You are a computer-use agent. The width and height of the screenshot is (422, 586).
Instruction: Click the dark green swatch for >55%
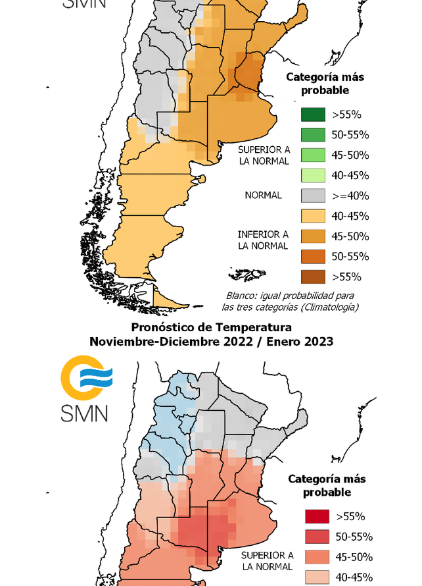(314, 115)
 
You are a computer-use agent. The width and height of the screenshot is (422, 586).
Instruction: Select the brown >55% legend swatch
(314, 277)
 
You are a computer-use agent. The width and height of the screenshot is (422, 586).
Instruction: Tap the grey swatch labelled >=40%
(314, 196)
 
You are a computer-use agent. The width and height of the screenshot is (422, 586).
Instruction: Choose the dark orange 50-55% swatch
(314, 256)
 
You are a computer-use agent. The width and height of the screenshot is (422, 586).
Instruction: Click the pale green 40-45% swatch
(314, 175)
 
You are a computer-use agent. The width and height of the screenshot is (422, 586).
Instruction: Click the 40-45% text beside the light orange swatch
(350, 216)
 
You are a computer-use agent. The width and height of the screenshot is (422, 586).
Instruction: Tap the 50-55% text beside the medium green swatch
(350, 135)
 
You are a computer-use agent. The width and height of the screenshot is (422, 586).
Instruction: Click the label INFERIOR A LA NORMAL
(263, 240)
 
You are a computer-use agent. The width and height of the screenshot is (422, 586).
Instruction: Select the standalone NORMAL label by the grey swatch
(263, 196)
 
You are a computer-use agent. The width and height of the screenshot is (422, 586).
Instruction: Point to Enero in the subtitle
(284, 342)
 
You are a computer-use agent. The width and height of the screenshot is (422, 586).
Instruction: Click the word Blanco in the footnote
(241, 296)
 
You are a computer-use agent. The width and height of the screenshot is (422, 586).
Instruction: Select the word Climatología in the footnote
(330, 306)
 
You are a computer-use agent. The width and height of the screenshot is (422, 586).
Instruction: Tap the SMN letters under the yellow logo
(84, 413)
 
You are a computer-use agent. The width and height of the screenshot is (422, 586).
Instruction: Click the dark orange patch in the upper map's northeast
(248, 74)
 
